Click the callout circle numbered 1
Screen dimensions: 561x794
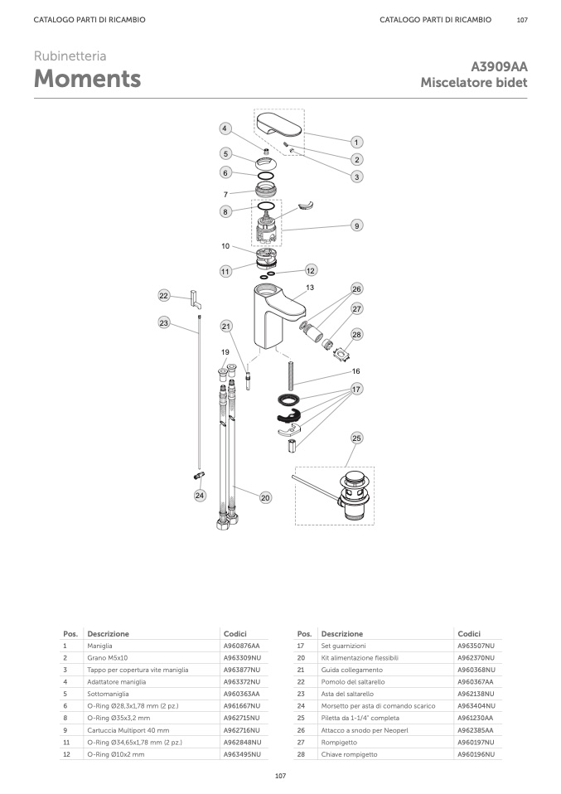pyautogui.click(x=356, y=143)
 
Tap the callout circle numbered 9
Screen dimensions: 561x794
pyautogui.click(x=356, y=225)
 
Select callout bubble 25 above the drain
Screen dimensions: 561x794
pyautogui.click(x=356, y=438)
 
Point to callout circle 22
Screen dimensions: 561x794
pyautogui.click(x=163, y=296)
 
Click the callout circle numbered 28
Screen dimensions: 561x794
pyautogui.click(x=356, y=334)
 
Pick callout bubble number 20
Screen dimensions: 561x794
pyautogui.click(x=265, y=498)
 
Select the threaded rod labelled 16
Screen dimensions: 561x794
pyautogui.click(x=291, y=376)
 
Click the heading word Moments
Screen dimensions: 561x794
pyautogui.click(x=87, y=79)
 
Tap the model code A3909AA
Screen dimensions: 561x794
pyautogui.click(x=499, y=67)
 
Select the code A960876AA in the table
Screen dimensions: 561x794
pyautogui.click(x=241, y=646)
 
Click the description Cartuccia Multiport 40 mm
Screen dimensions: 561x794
pyautogui.click(x=128, y=730)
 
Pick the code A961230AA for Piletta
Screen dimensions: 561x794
pyautogui.click(x=476, y=718)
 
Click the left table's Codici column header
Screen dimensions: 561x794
pyautogui.click(x=235, y=633)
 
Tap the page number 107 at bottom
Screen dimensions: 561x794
pyautogui.click(x=280, y=776)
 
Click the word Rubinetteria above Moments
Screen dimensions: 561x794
pyautogui.click(x=70, y=56)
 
